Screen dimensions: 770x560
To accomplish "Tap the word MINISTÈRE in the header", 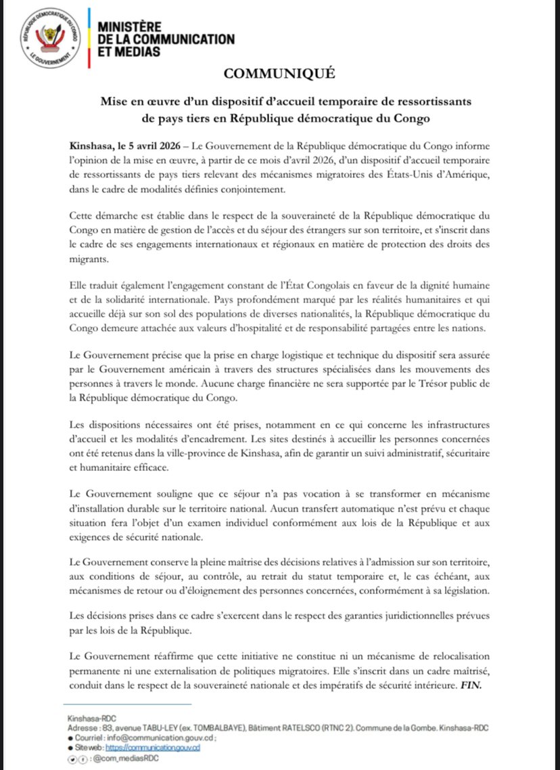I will (133, 26).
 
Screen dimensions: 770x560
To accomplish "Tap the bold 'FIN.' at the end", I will (473, 685).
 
